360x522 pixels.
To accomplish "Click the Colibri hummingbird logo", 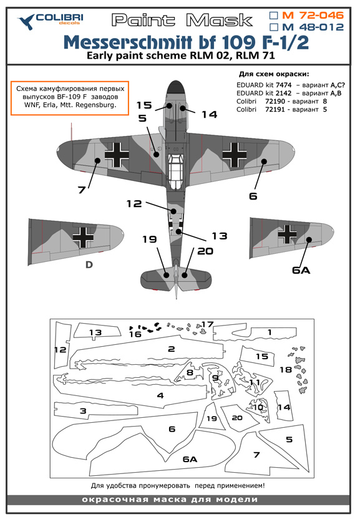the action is click(x=26, y=22).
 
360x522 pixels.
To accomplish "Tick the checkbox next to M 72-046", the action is click(x=273, y=16).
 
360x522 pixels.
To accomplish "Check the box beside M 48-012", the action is click(x=273, y=27).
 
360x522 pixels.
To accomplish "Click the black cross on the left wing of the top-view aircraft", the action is click(x=117, y=155).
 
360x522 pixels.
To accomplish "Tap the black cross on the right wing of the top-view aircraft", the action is click(x=235, y=155).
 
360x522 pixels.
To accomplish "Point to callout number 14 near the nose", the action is click(x=210, y=115).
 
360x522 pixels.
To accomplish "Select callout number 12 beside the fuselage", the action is click(x=134, y=203).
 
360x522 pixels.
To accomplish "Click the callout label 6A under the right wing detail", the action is click(x=301, y=270).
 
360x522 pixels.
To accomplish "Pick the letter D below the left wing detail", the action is click(x=89, y=264).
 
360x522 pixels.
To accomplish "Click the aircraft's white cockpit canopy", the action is click(x=175, y=171).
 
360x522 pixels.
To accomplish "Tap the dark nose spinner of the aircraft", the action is click(x=175, y=87).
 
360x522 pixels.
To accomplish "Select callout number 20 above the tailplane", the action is click(x=205, y=251).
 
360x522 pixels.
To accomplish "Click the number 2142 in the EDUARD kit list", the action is click(x=283, y=93).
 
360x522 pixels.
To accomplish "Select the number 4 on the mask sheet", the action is click(x=160, y=395).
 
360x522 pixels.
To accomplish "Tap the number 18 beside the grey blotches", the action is click(x=286, y=370).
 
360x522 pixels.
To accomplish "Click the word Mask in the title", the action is click(x=219, y=21).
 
